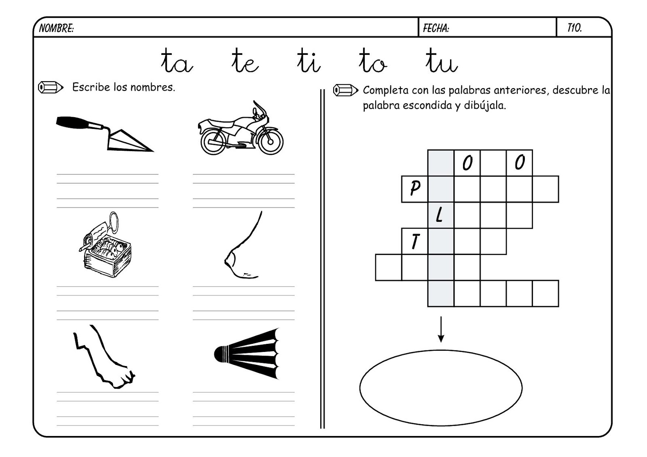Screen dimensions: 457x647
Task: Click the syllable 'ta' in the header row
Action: [x=177, y=62]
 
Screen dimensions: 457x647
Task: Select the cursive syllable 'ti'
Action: [x=308, y=62]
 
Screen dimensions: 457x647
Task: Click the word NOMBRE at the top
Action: [x=56, y=28]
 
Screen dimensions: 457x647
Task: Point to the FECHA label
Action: [x=436, y=28]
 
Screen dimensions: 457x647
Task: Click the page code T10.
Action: [x=574, y=28]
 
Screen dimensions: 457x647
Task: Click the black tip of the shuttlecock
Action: [x=220, y=354]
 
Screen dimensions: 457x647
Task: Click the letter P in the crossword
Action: [x=414, y=189]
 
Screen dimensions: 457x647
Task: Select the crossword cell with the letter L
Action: [x=440, y=215]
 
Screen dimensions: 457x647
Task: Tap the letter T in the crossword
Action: [x=414, y=242]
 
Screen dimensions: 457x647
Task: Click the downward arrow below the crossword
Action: [x=441, y=329]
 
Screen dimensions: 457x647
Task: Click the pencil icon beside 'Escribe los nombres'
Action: [x=51, y=87]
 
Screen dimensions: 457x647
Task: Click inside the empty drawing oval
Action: [x=440, y=388]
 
